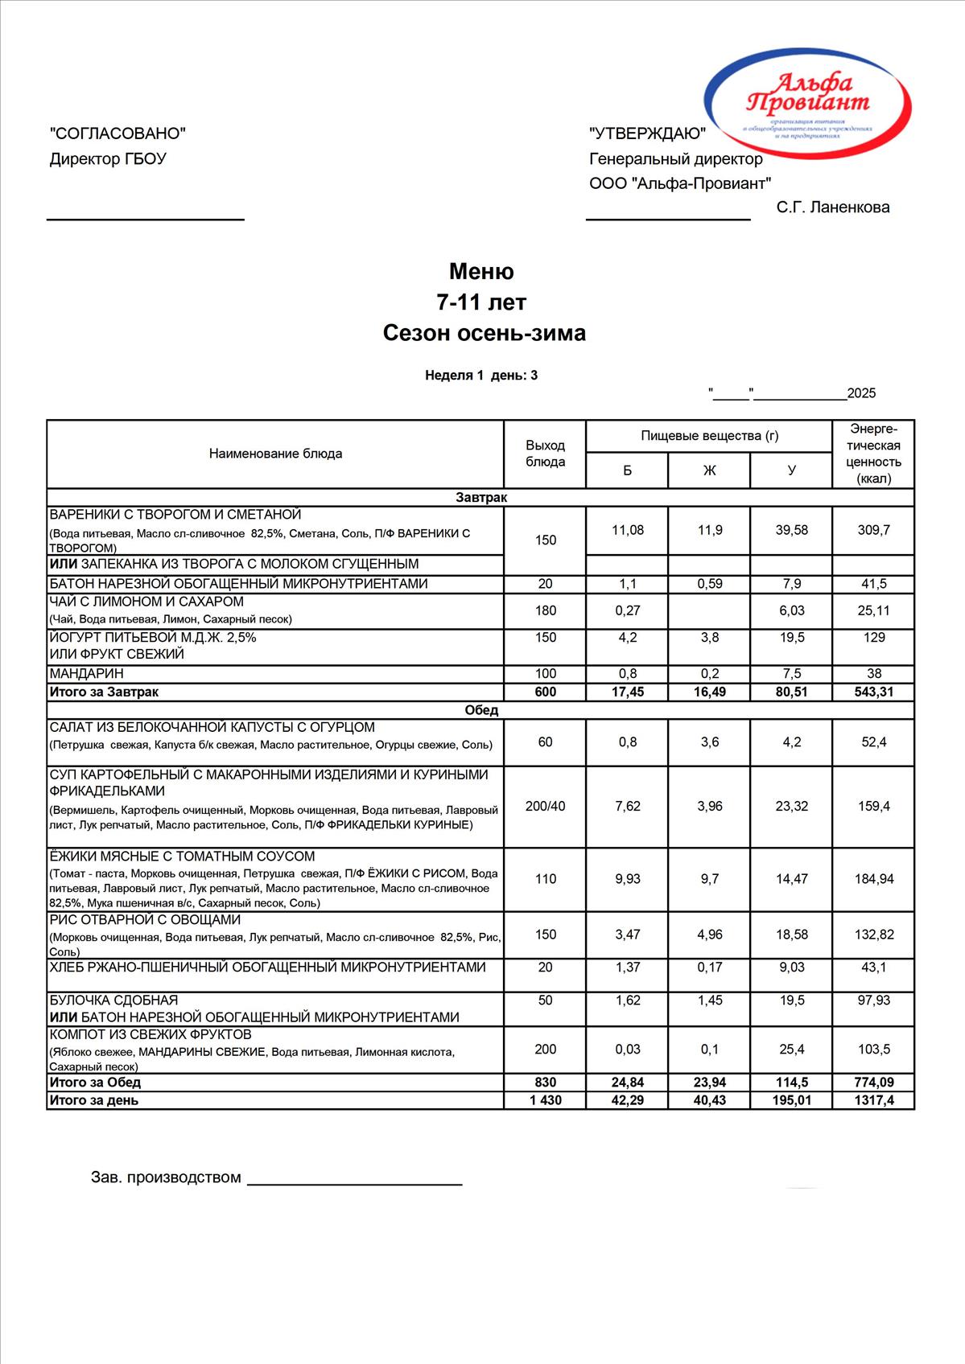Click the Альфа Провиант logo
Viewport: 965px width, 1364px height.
tap(808, 101)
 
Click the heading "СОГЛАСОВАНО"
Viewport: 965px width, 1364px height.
tap(118, 134)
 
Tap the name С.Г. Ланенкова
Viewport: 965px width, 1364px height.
tap(833, 207)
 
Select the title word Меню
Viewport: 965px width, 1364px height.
tap(481, 271)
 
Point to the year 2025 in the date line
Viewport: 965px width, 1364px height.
tap(861, 393)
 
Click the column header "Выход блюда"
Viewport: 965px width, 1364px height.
tap(545, 454)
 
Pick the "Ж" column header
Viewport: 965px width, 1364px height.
tap(709, 470)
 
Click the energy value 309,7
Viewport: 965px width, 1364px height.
tap(873, 530)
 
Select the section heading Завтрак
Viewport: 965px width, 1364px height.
tap(481, 498)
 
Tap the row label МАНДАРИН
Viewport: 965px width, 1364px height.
tap(87, 674)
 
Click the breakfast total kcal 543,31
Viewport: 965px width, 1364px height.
tap(873, 692)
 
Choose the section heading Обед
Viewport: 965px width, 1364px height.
tap(481, 710)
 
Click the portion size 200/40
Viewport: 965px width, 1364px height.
tap(545, 806)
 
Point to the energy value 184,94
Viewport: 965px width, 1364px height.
tap(873, 879)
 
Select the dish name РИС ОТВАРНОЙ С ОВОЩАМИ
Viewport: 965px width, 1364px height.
tap(145, 920)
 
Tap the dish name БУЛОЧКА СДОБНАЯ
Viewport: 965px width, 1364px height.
tap(113, 1000)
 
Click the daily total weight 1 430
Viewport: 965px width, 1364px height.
tap(545, 1100)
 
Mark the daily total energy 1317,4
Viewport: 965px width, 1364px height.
tap(873, 1100)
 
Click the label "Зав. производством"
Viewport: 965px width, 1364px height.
tap(166, 1177)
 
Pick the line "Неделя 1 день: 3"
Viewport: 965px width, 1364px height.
tap(481, 376)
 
